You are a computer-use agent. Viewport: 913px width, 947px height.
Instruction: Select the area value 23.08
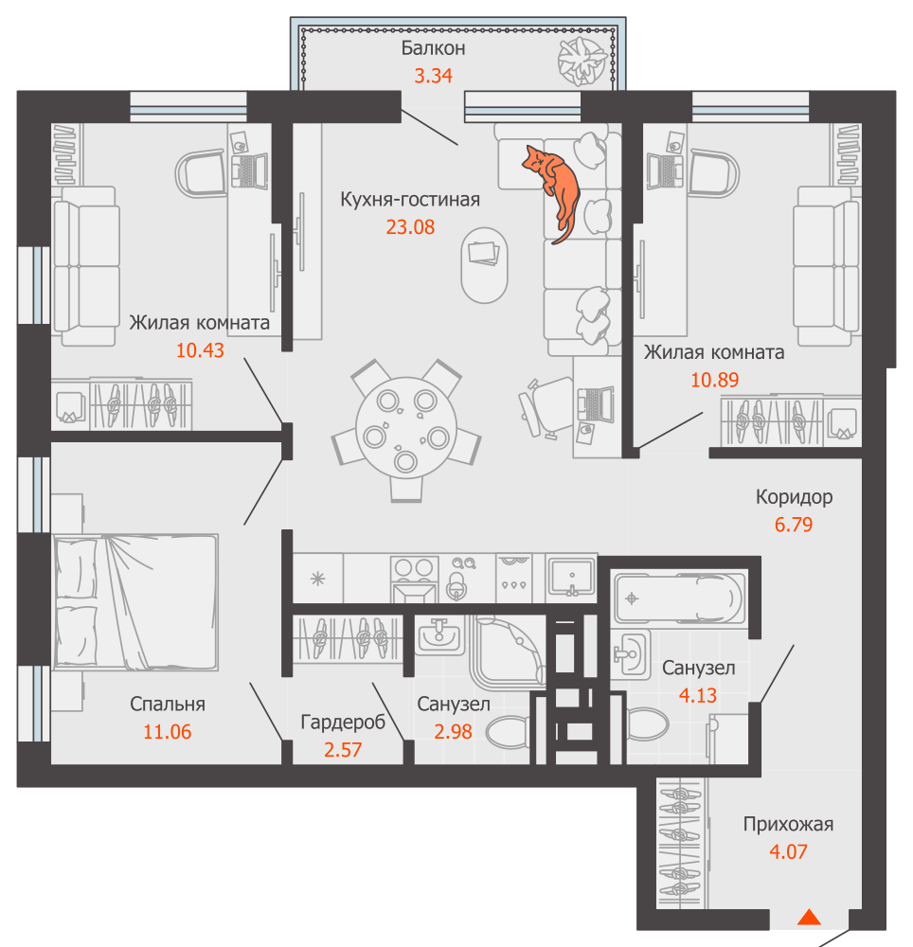pyautogui.click(x=410, y=227)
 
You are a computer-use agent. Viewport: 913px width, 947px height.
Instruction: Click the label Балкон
pyautogui.click(x=433, y=47)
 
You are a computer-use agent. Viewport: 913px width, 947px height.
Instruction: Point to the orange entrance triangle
pyautogui.click(x=809, y=918)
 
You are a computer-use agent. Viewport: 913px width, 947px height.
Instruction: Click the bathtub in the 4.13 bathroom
pyautogui.click(x=679, y=598)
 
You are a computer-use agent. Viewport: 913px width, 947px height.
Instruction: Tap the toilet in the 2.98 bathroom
pyautogui.click(x=508, y=732)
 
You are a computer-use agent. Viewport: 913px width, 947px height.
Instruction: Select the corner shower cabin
pyautogui.click(x=509, y=652)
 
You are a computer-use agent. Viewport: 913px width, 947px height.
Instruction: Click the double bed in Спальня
pyautogui.click(x=135, y=602)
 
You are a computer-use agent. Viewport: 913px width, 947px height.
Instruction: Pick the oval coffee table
pyautogui.click(x=484, y=264)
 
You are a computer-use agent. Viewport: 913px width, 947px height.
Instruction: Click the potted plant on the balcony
pyautogui.click(x=582, y=61)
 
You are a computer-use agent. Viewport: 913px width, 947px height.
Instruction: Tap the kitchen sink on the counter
pyautogui.click(x=571, y=578)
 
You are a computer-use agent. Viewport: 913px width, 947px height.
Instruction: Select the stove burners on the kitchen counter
pyautogui.click(x=414, y=568)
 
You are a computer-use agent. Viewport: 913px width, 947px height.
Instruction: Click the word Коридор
pyautogui.click(x=794, y=496)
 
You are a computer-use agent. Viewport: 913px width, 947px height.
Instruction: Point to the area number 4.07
pyautogui.click(x=788, y=851)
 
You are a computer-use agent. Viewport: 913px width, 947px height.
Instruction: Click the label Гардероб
pyautogui.click(x=343, y=722)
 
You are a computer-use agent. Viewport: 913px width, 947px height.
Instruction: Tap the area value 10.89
pyautogui.click(x=714, y=380)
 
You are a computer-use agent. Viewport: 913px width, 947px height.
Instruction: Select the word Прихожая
pyautogui.click(x=788, y=824)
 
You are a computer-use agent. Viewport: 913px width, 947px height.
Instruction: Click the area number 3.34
pyautogui.click(x=433, y=76)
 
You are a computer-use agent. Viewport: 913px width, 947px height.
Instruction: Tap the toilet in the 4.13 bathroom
pyautogui.click(x=647, y=723)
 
